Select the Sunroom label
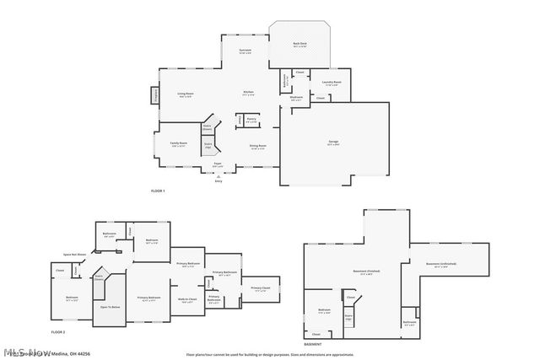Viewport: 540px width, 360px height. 245,51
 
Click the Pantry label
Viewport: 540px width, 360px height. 251,120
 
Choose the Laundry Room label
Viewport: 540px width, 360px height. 332,83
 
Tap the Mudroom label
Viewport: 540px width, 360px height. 297,98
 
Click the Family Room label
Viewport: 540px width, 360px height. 178,143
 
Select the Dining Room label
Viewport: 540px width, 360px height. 258,147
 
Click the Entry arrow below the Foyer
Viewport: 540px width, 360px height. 219,175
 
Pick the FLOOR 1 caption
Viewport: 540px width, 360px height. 158,191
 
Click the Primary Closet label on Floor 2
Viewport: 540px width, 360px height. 261,288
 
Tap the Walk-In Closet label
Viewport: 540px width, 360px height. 187,299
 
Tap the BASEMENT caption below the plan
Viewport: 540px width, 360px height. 312,345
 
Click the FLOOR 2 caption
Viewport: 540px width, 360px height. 58,332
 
